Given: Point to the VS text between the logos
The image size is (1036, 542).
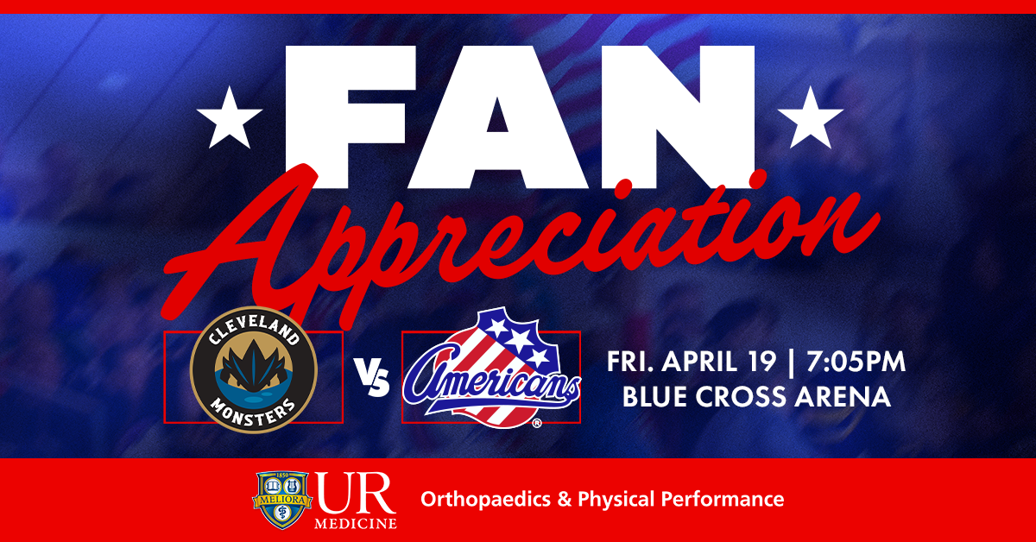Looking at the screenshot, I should (372, 379).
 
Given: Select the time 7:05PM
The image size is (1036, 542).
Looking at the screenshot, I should (854, 362).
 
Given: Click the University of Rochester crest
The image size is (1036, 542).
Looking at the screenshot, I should (280, 500).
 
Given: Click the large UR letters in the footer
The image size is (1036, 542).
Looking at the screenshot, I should (355, 495).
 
